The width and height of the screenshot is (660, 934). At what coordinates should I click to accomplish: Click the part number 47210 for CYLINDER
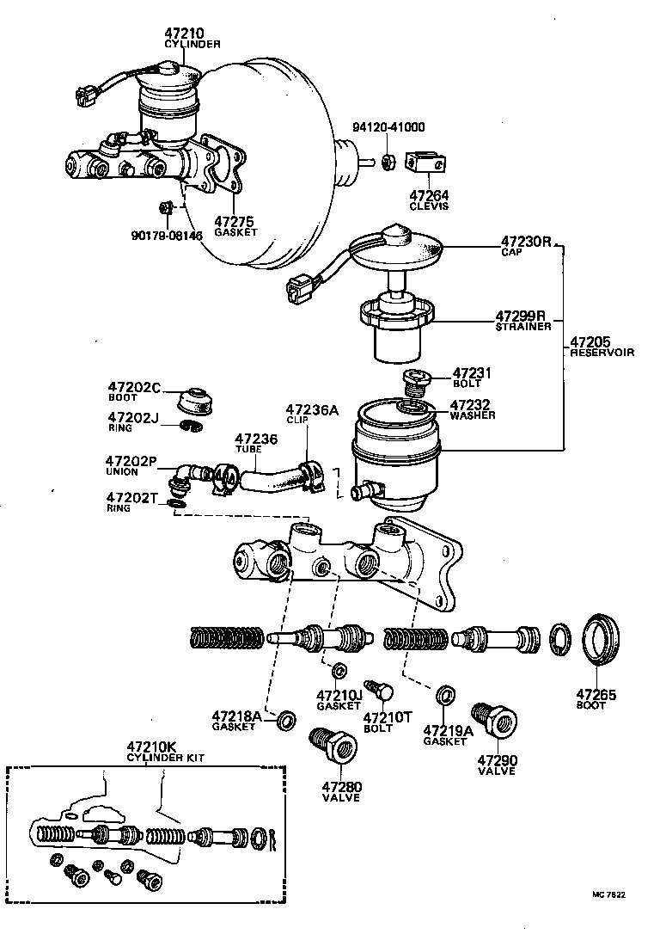pos(185,34)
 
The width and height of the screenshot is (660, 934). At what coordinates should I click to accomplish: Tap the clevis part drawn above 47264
pos(428,162)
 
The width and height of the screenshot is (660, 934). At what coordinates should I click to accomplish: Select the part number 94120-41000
pos(388,127)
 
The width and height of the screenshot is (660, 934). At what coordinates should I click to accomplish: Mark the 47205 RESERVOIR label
pos(602,347)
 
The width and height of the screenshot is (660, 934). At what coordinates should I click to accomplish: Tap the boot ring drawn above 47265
pos(600,640)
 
